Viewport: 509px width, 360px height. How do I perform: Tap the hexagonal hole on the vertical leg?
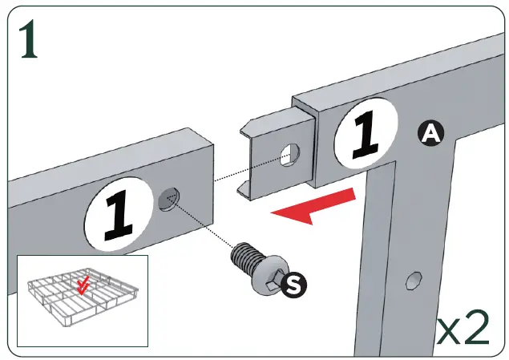click(412, 281)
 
